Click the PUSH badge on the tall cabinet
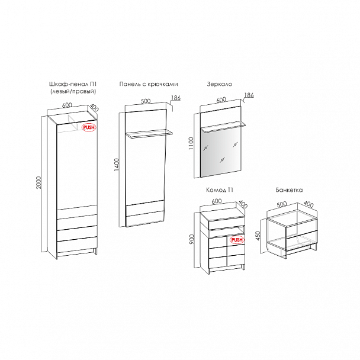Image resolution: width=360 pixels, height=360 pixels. coord(89,128)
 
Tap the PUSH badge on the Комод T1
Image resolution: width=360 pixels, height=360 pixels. coord(237,240)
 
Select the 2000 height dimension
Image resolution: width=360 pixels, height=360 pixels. coord(39,182)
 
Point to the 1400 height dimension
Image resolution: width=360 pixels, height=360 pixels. coord(117,165)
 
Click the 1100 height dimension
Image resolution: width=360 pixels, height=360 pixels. coord(191,143)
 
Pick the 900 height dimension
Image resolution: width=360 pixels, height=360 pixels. coord(192,239)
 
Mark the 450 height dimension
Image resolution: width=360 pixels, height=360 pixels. coord(258,236)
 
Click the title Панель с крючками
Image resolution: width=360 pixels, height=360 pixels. coord(149,84)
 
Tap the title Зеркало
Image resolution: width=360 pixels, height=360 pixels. coord(220,84)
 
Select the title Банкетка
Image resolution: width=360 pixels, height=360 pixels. coord(290,190)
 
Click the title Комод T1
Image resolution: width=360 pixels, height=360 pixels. coord(220,190)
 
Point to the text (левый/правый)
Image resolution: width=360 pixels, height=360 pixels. coord(73,91)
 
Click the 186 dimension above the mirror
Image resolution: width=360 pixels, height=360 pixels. coord(249,95)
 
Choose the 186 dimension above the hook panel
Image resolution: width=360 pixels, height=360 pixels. coord(176,98)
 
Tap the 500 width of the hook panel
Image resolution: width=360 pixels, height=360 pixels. coord(146,101)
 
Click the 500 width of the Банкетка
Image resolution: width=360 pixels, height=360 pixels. coord(282,204)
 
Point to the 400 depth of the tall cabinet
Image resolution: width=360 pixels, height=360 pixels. coord(94,108)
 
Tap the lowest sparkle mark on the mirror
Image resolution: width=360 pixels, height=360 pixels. coord(222,159)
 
